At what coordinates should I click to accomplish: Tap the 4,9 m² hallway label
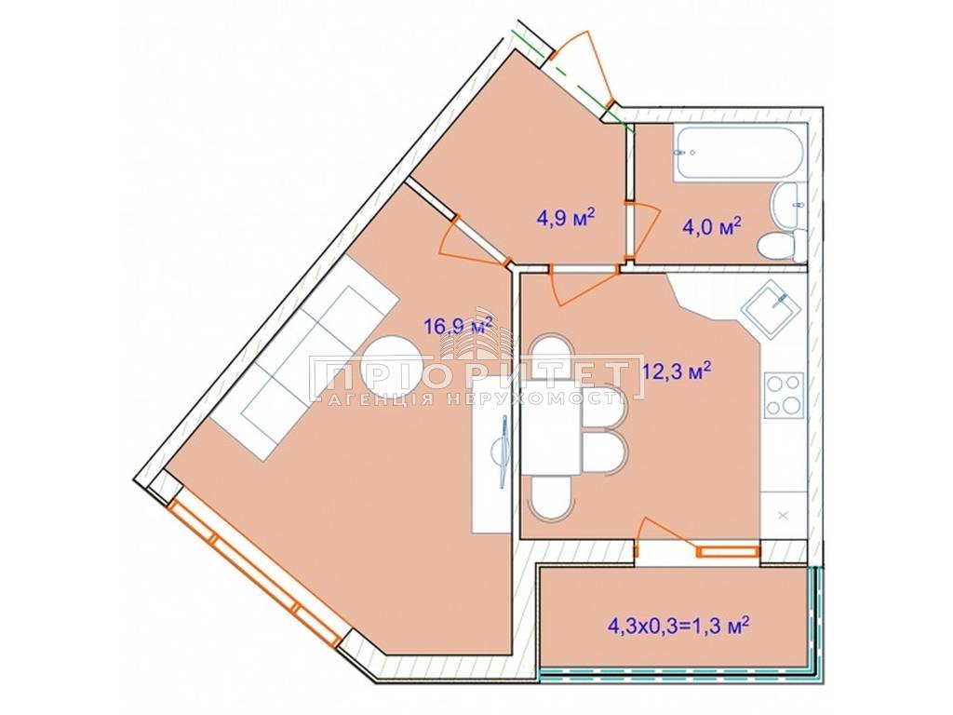coord(565,216)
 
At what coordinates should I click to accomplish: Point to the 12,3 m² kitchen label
coord(678,371)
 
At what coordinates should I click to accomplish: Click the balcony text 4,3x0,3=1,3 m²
coord(678,625)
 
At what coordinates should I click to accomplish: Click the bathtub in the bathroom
coord(738,152)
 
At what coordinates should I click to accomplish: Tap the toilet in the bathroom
coord(782,246)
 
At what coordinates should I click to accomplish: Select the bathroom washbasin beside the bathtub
coord(789,206)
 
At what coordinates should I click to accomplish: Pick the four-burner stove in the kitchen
coord(784,395)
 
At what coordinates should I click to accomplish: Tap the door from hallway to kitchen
coord(584,285)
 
